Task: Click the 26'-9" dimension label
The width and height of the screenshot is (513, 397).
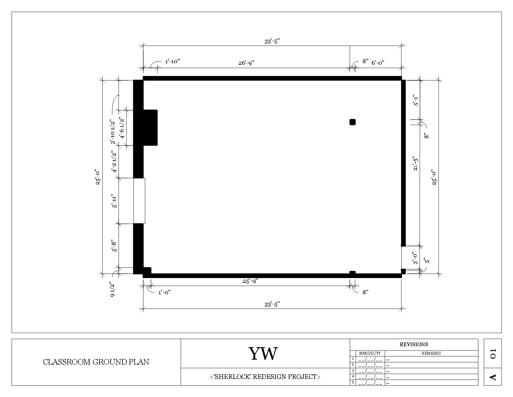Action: [246, 63]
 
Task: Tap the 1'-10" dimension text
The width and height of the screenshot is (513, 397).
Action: [173, 61]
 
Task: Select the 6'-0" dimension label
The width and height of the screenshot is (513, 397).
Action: [378, 63]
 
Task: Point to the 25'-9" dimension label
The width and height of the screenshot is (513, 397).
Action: [250, 281]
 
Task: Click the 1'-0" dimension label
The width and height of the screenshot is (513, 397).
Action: [164, 292]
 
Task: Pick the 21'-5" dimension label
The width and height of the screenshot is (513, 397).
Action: [415, 163]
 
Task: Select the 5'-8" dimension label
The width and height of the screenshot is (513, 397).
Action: [114, 246]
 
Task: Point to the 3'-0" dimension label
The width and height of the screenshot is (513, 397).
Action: [415, 258]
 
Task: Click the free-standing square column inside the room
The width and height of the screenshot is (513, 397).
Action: [353, 122]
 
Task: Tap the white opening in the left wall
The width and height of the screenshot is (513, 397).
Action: [139, 201]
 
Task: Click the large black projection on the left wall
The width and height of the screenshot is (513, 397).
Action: [150, 127]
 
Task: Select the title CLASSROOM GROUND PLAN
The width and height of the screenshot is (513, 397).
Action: [96, 362]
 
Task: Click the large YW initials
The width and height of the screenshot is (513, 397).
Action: [263, 354]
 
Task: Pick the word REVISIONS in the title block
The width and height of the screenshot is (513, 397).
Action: [414, 344]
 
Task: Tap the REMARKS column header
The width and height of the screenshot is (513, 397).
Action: [431, 353]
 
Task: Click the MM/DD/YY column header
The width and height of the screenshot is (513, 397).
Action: [370, 353]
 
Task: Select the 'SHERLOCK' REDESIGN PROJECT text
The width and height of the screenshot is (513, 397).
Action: [265, 377]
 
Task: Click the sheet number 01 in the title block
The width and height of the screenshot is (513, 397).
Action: [493, 354]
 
